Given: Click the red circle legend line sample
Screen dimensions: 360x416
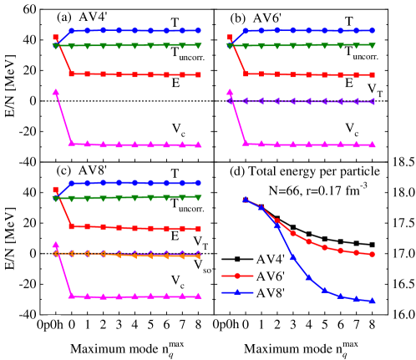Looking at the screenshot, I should coord(237,276).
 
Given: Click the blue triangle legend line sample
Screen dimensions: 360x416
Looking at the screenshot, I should coord(237,292).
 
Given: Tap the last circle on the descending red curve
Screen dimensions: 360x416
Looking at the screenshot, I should coord(372,254).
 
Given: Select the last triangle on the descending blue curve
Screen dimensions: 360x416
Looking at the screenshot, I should coord(372,300).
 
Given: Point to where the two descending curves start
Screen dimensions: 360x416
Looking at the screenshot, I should coord(245,200).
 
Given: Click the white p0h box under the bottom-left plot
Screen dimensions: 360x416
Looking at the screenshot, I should coord(54,325).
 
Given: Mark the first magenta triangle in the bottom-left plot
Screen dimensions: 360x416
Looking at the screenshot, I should coord(55,245).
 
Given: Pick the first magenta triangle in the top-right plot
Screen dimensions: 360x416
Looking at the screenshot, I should coord(230,92).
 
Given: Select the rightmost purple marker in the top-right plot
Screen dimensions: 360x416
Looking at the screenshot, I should coord(372,101).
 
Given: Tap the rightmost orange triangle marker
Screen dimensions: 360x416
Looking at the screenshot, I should coord(198,256).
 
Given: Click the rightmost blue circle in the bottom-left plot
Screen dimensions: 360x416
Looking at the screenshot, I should coord(198,183).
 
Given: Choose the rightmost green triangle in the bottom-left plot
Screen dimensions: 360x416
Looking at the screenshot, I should coord(198,198).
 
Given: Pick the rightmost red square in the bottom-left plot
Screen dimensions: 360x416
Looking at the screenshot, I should coord(198,228).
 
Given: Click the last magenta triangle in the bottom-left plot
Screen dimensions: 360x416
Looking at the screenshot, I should coord(198,296).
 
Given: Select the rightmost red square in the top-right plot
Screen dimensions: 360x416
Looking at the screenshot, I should coord(372,74).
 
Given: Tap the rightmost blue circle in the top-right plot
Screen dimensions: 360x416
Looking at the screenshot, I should coord(372,30).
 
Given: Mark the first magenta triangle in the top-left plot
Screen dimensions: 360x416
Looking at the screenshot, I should coord(55,92).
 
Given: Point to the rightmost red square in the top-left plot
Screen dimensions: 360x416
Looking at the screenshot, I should coord(198,74).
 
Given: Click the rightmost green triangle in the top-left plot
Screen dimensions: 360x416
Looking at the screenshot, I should coord(198,46).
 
